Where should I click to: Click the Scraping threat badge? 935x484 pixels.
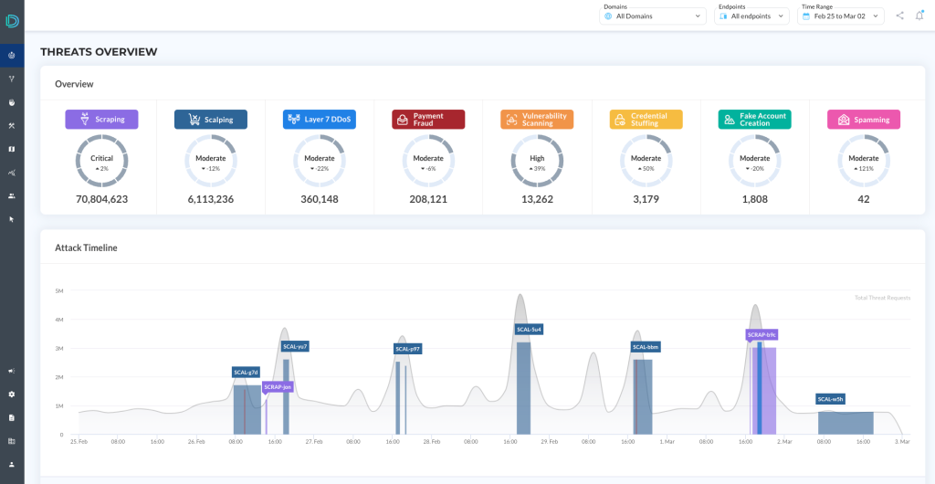point(101,120)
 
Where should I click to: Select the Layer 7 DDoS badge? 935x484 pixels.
point(319,120)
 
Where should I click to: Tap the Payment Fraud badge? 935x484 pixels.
point(428,120)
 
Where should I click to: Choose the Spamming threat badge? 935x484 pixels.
point(864,120)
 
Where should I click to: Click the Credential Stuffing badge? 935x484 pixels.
point(646,120)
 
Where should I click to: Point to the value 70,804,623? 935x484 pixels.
point(101,199)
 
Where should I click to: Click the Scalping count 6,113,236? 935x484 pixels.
point(211,199)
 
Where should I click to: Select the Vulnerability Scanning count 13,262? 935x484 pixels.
point(537,199)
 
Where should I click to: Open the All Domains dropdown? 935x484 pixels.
point(653,16)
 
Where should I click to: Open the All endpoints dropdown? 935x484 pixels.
point(751,16)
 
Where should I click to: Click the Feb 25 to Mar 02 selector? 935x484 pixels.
point(841,16)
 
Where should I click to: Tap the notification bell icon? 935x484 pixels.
point(919,16)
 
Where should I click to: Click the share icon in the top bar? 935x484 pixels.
point(900,16)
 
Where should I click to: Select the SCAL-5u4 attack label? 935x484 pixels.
point(530,329)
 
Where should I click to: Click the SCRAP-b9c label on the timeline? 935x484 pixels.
point(762,334)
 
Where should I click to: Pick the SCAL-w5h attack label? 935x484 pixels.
point(831,399)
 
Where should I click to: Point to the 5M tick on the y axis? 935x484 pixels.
point(58,290)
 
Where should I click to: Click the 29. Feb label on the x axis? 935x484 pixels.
point(548,442)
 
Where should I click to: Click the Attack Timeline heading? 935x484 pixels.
point(86,247)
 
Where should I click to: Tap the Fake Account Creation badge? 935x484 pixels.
point(754,120)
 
